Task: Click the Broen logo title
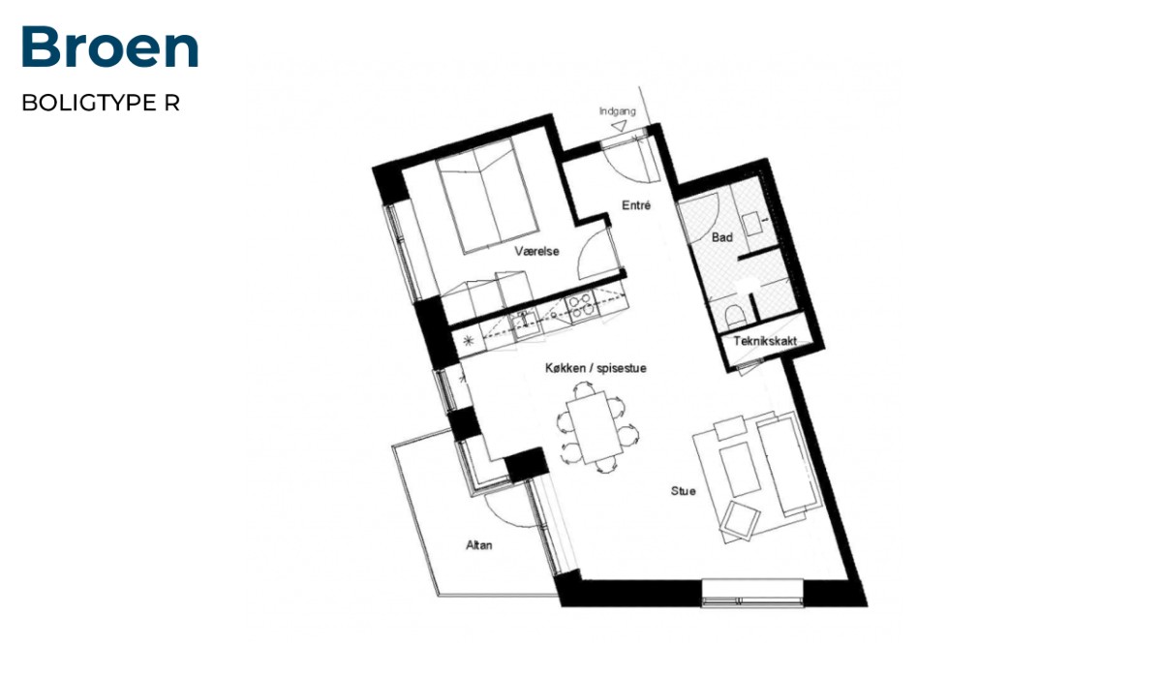(x=110, y=46)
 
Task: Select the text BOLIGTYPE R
(x=101, y=103)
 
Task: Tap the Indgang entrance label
(x=618, y=111)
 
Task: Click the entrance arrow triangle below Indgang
(x=620, y=126)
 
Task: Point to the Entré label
(x=636, y=205)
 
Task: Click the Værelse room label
(x=536, y=252)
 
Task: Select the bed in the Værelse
(x=486, y=196)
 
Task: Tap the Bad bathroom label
(x=722, y=237)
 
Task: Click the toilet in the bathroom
(x=734, y=316)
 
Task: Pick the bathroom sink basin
(x=751, y=224)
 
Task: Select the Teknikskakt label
(x=765, y=341)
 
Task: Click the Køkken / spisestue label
(x=596, y=368)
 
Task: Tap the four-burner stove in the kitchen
(x=581, y=305)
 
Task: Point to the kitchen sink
(x=525, y=324)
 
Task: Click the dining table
(x=595, y=427)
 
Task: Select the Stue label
(x=684, y=491)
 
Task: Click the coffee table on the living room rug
(x=740, y=470)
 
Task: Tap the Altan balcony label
(x=478, y=545)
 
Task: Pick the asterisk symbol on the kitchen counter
(x=468, y=341)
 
